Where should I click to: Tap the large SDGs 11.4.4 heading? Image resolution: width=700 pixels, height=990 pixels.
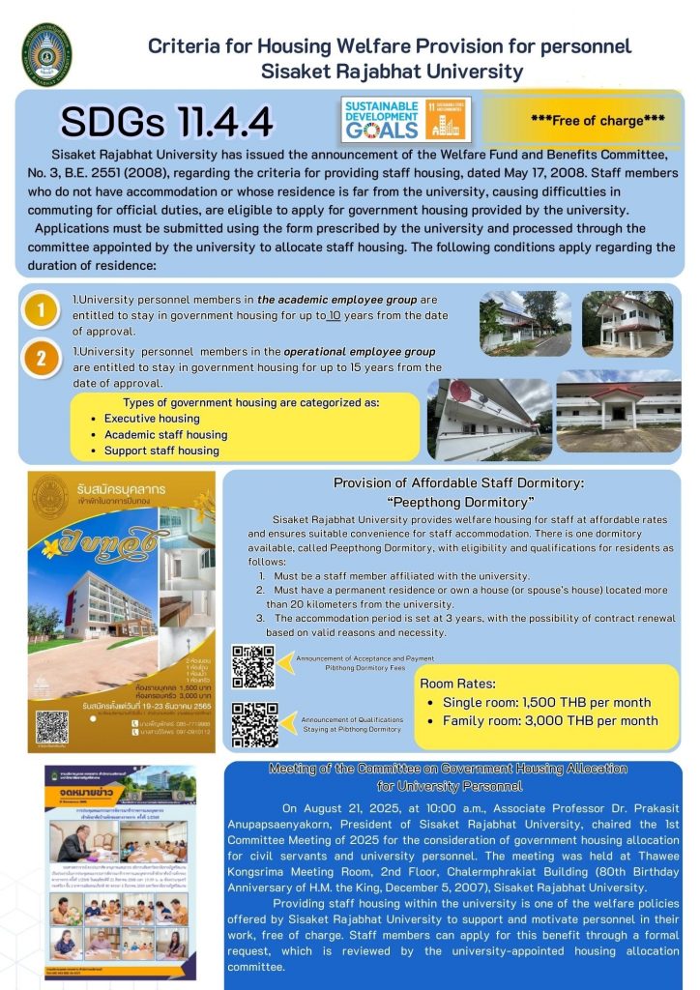point(166,122)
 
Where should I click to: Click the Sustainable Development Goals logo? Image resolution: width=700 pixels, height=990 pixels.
point(406,118)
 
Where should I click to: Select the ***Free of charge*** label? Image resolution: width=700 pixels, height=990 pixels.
point(584,121)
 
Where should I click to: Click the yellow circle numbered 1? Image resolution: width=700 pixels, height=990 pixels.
point(41,311)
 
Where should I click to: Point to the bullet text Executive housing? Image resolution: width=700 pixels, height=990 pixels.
point(152,419)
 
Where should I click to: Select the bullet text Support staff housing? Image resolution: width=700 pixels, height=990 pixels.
point(161,451)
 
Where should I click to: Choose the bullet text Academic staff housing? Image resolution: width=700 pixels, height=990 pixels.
point(165,435)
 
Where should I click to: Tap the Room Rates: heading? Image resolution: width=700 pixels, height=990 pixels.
point(458,683)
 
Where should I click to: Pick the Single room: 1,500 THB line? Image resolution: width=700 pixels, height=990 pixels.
point(546,702)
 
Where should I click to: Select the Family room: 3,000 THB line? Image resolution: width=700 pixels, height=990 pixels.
point(550,721)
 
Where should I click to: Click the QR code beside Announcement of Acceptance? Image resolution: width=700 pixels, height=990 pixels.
point(253,666)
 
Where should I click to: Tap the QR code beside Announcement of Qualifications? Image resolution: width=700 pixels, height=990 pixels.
point(254,725)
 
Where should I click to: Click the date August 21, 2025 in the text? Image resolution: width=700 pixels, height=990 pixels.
point(346,805)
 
